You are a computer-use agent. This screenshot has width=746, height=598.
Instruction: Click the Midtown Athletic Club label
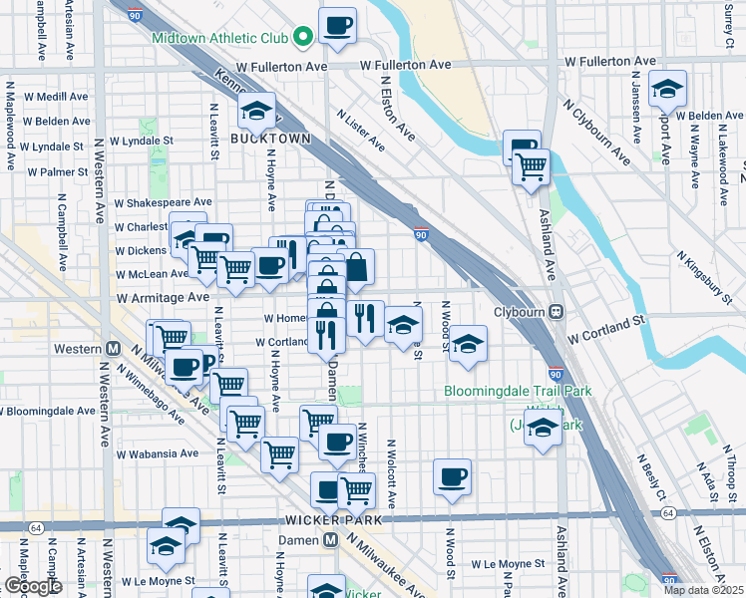[x=220, y=39]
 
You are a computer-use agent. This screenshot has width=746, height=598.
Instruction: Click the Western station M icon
[x=113, y=349]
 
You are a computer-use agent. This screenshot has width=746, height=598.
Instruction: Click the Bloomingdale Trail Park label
[x=518, y=391]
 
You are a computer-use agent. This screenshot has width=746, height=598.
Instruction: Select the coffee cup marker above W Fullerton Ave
[x=337, y=25]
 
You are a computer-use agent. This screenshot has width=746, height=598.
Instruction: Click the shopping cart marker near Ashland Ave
[x=531, y=166]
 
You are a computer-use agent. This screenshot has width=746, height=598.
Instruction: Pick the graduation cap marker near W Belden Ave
[x=667, y=89]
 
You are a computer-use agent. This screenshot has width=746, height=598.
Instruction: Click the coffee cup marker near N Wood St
[x=452, y=475]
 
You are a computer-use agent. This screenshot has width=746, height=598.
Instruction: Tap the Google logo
[x=32, y=586]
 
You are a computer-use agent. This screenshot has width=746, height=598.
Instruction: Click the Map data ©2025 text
[x=702, y=590]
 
